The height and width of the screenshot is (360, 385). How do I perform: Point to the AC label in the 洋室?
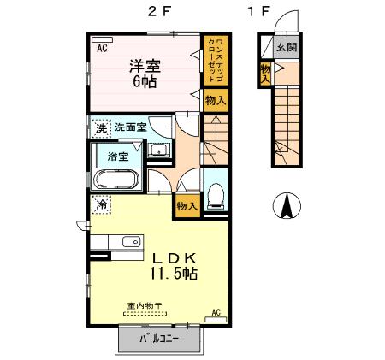102,48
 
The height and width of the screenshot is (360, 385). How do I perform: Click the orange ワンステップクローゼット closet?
214,60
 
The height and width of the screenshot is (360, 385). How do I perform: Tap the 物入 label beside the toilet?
187,205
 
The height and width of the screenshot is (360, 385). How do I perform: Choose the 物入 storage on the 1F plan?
266,74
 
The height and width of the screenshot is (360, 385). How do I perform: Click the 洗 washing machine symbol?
101,128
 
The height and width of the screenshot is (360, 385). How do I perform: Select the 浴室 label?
118,157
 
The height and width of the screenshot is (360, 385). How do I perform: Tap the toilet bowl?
216,193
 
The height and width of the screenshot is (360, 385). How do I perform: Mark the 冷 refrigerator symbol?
102,205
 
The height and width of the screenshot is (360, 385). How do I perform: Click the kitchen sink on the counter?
131,242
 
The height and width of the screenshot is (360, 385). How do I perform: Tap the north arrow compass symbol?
287,206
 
